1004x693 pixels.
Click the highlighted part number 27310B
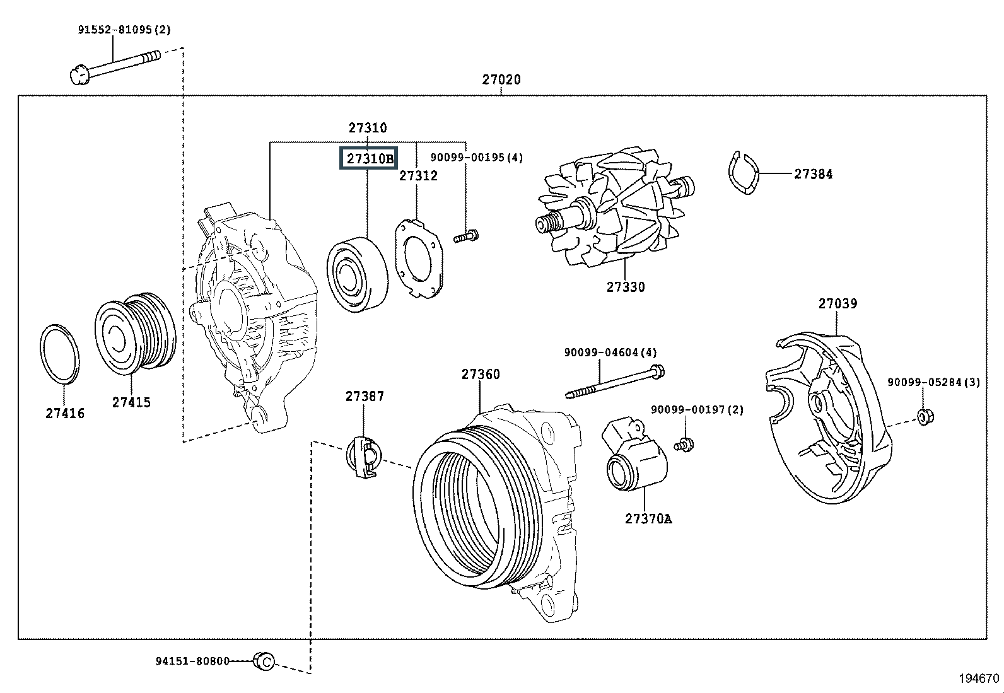pos(368,158)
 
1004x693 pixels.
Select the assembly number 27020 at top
pos(501,79)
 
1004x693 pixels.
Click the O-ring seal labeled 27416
pos(60,354)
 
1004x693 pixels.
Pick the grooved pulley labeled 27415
pos(135,331)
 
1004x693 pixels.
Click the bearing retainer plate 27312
pos(419,259)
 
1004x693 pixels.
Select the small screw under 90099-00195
pos(466,238)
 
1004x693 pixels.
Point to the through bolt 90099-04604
pos(615,382)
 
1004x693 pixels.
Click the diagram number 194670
pos(979,678)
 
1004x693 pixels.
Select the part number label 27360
pos(481,374)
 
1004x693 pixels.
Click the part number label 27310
pos(368,128)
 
